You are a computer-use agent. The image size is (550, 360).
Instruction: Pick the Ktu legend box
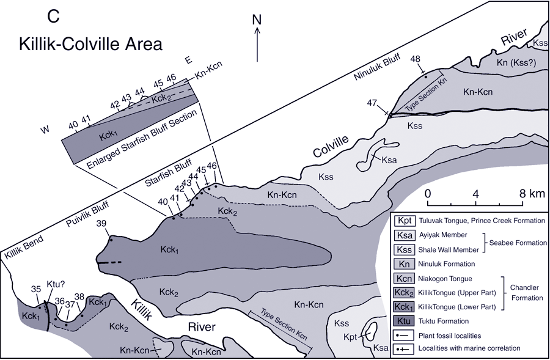tap(405, 320)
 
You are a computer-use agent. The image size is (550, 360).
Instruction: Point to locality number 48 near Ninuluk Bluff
tap(416, 59)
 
